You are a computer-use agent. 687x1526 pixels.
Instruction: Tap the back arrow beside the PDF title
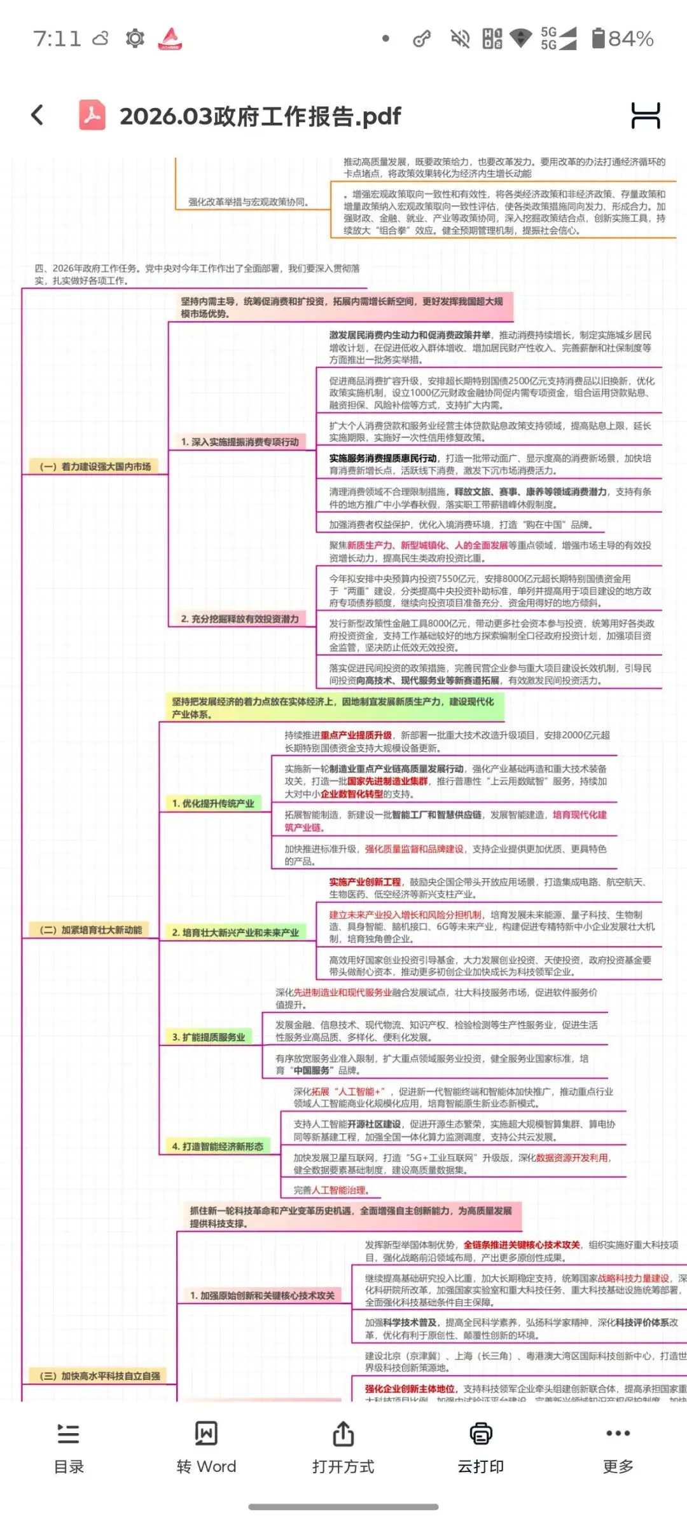[38, 115]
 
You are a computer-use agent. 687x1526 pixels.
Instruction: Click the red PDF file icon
[92, 115]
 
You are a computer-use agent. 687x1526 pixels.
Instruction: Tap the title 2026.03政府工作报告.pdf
[260, 116]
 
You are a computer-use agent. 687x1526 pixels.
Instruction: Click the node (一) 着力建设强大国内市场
[95, 467]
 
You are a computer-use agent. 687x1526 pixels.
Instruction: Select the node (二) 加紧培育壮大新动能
[90, 930]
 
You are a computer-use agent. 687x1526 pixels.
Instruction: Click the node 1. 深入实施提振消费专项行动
[239, 442]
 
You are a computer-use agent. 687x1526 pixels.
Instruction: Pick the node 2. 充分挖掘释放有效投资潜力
[239, 618]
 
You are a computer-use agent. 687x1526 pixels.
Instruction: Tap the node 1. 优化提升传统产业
[212, 803]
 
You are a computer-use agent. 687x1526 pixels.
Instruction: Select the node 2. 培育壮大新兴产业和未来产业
[235, 932]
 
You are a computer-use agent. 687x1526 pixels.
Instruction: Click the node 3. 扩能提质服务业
[208, 1037]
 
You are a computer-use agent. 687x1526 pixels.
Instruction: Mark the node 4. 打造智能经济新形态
[218, 1146]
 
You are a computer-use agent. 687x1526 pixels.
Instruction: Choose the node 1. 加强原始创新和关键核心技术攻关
[262, 1295]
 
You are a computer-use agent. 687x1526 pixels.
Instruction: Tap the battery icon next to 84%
[598, 38]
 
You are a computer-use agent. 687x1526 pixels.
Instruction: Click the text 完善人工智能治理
[331, 1190]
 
